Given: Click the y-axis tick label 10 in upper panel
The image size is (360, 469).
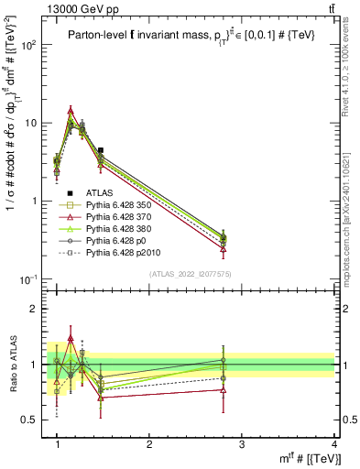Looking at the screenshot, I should (x=32, y=123).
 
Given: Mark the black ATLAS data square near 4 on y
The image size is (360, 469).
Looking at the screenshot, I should (x=101, y=150).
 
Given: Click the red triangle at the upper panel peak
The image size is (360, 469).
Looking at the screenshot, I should (x=71, y=111).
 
